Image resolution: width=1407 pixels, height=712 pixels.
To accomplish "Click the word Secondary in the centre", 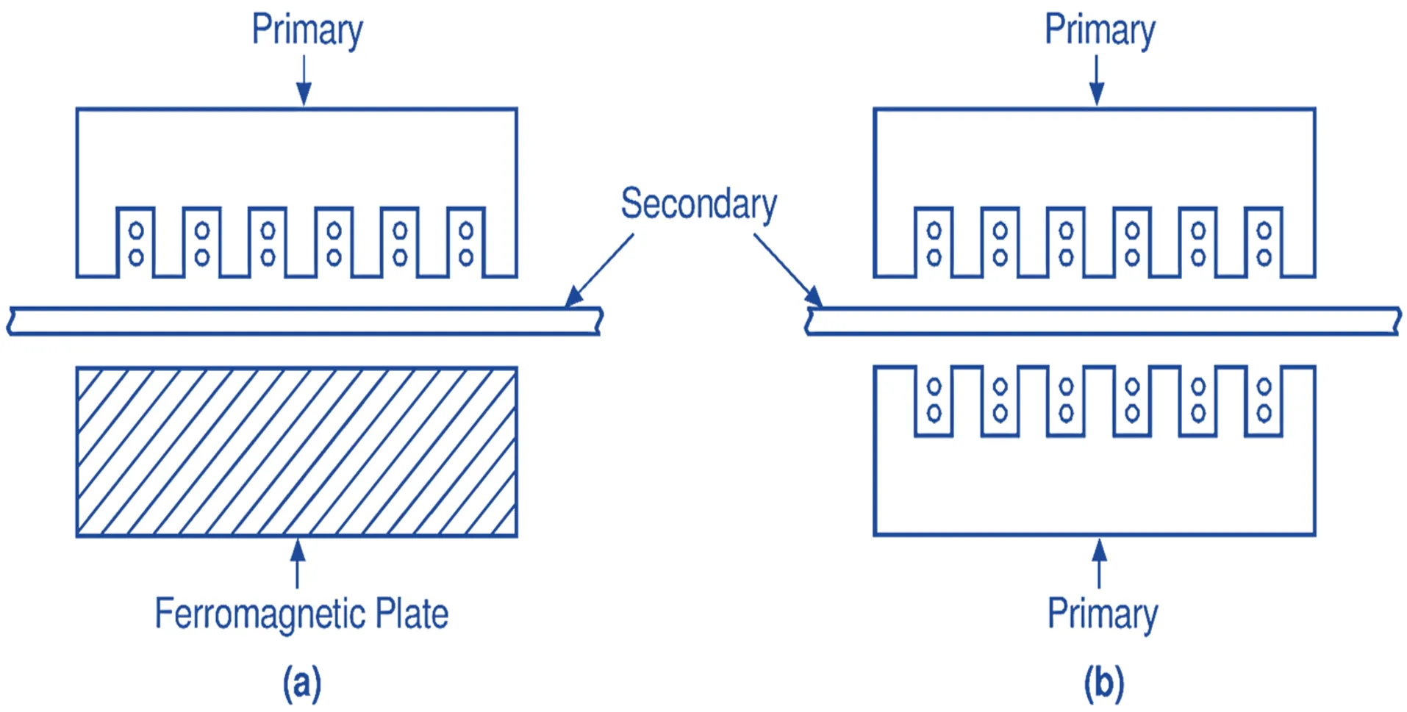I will pos(698,204).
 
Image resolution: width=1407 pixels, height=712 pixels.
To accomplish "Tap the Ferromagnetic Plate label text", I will pos(301,614).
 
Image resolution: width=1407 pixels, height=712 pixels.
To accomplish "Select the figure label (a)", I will pos(302,683).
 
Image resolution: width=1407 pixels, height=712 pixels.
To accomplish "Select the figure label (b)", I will pos(1104,683).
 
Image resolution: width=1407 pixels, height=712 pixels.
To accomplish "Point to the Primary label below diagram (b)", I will pos(1102,614).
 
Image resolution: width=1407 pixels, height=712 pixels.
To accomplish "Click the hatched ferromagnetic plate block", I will pos(297,452).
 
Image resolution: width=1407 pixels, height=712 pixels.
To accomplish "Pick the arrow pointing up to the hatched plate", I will pos(298,563).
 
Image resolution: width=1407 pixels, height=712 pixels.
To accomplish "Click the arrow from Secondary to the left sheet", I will pos(600,269).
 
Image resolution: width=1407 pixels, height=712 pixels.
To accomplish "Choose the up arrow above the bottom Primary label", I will pos(1099,563).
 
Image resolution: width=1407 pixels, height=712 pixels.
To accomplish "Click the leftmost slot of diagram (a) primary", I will pos(136,242).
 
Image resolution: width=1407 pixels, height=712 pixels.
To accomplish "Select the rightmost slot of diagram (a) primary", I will pos(466,242).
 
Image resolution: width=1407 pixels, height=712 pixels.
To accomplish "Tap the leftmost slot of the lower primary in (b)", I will pos(934,400).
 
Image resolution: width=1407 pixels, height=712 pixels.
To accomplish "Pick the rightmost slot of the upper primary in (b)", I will pos(1264,242).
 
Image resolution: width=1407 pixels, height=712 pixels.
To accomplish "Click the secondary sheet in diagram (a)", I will pos(305,321).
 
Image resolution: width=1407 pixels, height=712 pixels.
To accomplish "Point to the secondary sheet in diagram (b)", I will pos(1103,321).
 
